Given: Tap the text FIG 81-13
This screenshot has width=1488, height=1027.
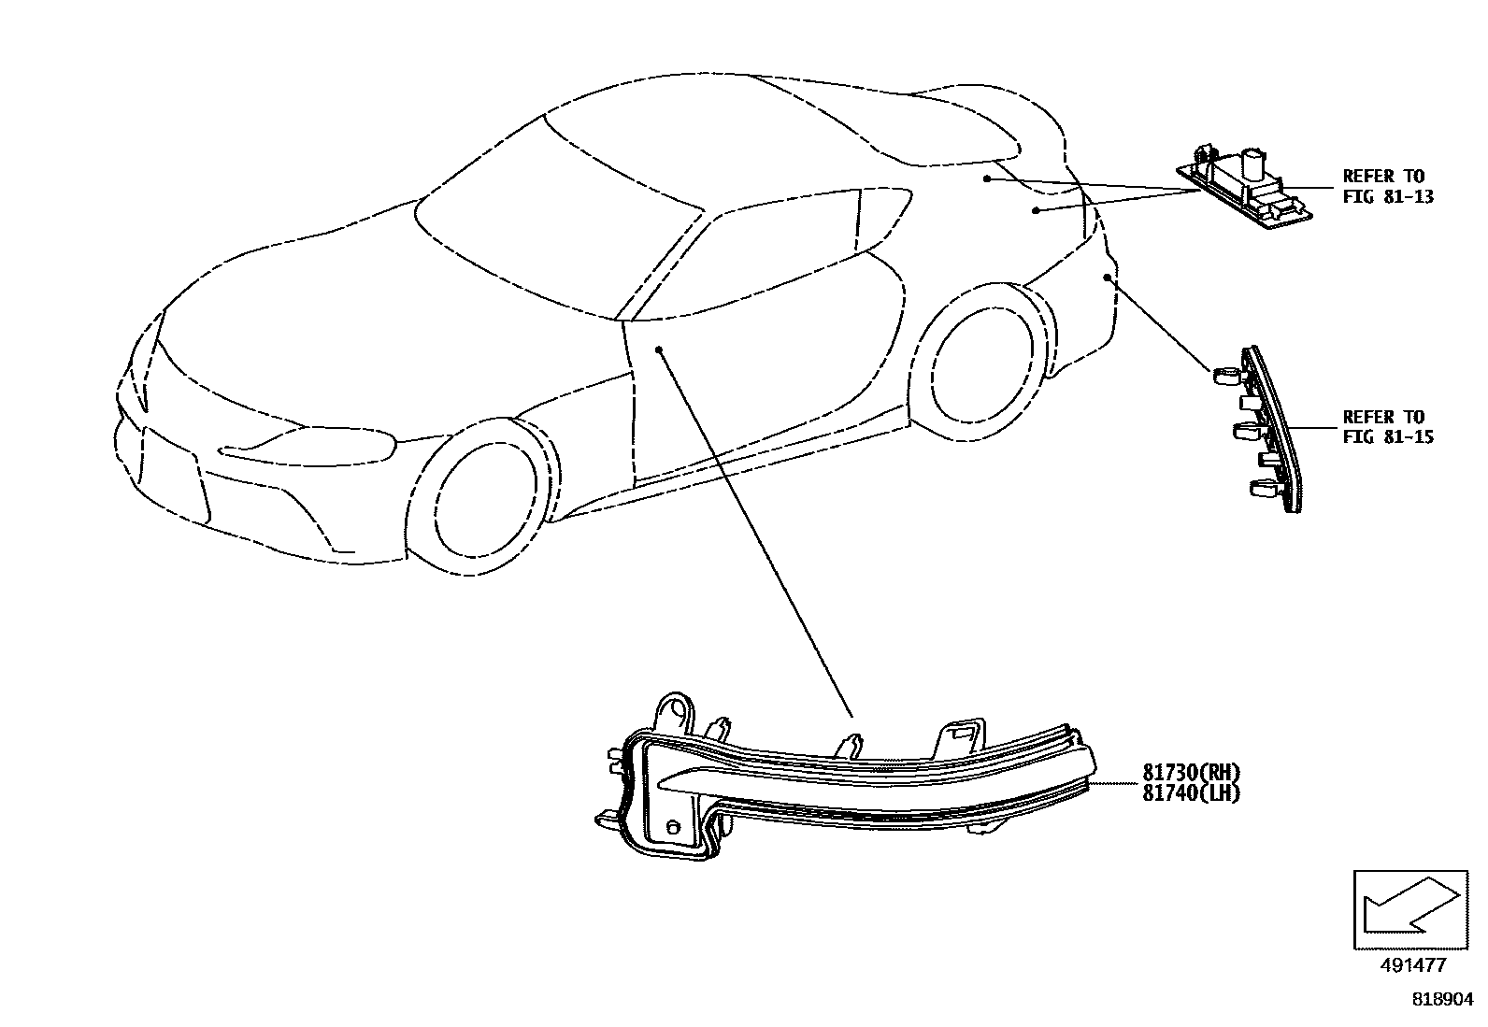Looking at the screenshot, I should [x=1388, y=196].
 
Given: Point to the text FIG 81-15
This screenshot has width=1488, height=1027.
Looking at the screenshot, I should [x=1388, y=436].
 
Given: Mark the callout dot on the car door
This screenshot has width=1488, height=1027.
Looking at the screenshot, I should [x=659, y=349].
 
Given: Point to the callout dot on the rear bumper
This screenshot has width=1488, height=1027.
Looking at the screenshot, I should [x=1107, y=277].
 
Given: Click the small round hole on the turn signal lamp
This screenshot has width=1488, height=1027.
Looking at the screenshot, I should [x=672, y=828].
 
